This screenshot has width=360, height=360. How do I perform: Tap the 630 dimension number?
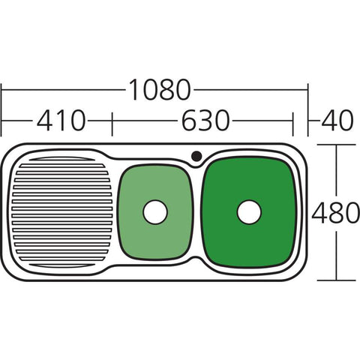tap(203, 119)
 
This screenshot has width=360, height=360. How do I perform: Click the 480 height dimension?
tap(334, 214)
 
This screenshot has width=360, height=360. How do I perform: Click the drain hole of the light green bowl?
tap(154, 212)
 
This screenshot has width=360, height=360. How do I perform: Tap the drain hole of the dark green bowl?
tap(249, 212)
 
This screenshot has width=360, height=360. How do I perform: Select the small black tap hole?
tap(196, 156)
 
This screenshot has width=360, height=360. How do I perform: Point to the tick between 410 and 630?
tap(112, 120)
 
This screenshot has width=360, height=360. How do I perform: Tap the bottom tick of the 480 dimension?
tap(334, 280)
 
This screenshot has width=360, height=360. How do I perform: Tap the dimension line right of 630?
tap(262, 120)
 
